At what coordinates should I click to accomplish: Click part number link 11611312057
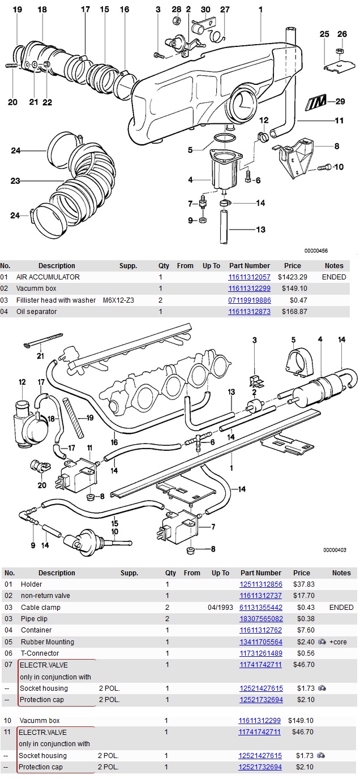coord(249,277)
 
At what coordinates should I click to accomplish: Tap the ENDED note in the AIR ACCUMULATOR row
coord(334,277)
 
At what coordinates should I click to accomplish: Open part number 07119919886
coord(249,300)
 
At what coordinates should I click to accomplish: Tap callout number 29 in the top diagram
coord(340,102)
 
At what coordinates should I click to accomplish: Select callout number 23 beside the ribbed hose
coord(15,181)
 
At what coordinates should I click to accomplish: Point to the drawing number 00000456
coord(316,251)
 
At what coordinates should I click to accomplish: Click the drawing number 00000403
coord(335,550)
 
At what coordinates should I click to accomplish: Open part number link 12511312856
coord(260,584)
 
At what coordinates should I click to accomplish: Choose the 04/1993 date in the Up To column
coord(220,608)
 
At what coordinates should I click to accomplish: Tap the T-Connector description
coord(40,653)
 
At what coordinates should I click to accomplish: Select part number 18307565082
coord(260,619)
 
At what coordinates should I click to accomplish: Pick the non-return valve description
coord(45,596)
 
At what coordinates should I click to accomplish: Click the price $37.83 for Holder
coord(303,584)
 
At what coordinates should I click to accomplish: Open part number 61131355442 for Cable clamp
coord(260,608)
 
